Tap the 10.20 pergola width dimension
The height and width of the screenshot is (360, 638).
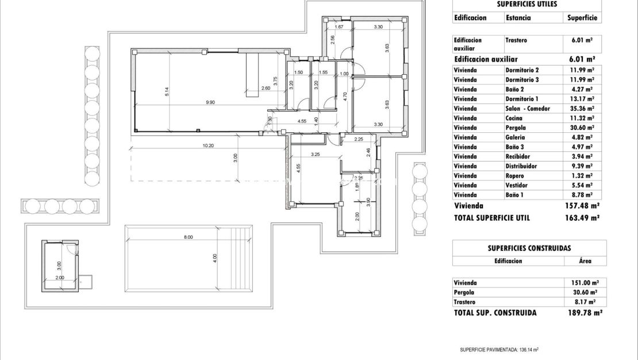tap(208, 145)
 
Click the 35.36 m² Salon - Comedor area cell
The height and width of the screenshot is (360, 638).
tap(582, 108)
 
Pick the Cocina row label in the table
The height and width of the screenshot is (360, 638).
tap(514, 118)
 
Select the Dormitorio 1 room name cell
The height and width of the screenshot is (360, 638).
tap(522, 98)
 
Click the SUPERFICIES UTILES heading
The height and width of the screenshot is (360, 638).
tap(526, 4)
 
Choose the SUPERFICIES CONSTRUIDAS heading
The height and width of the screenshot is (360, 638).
tap(529, 248)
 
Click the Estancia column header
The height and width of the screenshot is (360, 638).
tap(518, 17)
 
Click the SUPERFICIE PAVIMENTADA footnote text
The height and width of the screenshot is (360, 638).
tap(499, 350)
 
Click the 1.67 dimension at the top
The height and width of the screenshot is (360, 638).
tap(339, 27)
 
